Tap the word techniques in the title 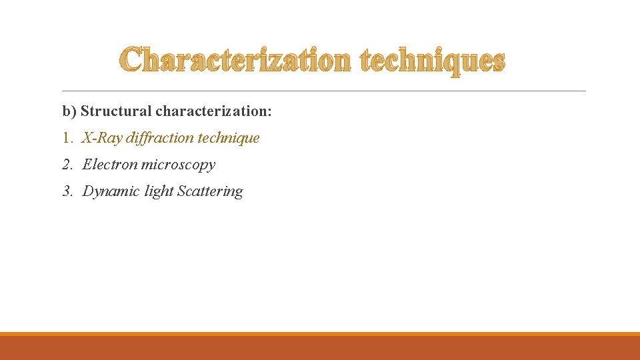pyautogui.click(x=432, y=61)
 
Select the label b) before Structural pyautogui.click(x=70, y=111)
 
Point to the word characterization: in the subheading pyautogui.click(x=213, y=111)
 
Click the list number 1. pyautogui.click(x=67, y=138)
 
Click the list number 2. pyautogui.click(x=67, y=165)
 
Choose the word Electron pyautogui.click(x=110, y=165)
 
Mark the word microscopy pyautogui.click(x=178, y=165)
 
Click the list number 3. pyautogui.click(x=67, y=191)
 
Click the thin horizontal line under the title pyautogui.click(x=323, y=91)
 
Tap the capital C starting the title pyautogui.click(x=133, y=61)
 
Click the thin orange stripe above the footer pyautogui.click(x=320, y=334)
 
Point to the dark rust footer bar pyautogui.click(x=320, y=348)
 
